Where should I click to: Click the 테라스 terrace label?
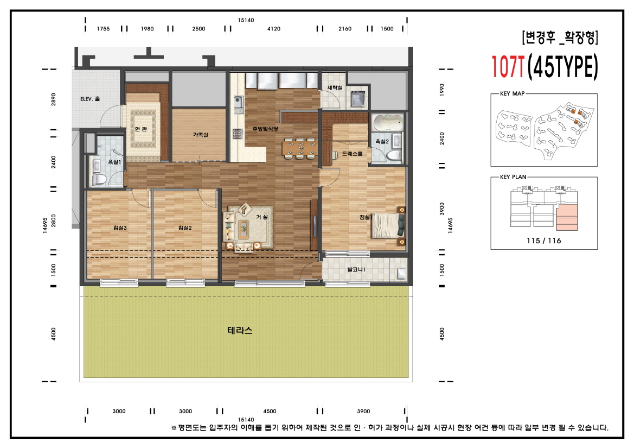coord(240,330)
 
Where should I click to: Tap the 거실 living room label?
coord(261,217)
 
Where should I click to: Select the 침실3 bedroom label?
coord(120,228)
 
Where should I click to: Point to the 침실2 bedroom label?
coord(185,228)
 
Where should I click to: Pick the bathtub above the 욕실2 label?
coord(388,122)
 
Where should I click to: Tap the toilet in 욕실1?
coord(99,179)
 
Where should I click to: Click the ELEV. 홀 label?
coord(90,99)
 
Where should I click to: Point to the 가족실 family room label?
coord(200,135)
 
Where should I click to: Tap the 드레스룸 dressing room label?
coord(352,154)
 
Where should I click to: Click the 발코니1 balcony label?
coord(356,269)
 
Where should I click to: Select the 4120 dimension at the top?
coord(274,29)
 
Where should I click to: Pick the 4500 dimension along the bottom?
coord(270,411)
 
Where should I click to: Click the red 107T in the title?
coord(508,66)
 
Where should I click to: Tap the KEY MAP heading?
coord(513,93)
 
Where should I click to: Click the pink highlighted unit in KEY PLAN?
coord(567,217)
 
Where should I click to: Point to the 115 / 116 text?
coord(544,241)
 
